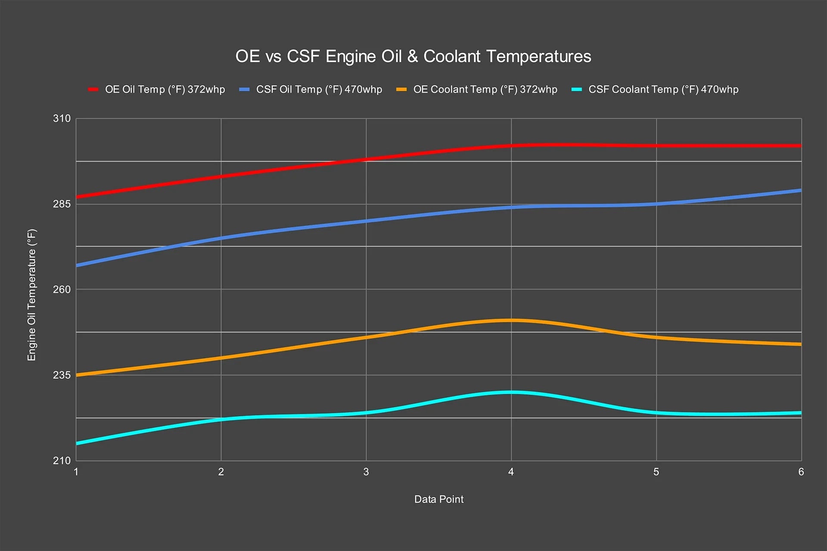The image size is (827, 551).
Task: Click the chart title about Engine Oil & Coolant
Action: tap(413, 56)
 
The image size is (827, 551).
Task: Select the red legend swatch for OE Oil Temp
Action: tap(93, 90)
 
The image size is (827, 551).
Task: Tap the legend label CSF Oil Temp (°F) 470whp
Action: tap(319, 90)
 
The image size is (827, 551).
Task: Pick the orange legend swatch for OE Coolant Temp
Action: tap(401, 90)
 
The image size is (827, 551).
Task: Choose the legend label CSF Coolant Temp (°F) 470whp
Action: tap(663, 90)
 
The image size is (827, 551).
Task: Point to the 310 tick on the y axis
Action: tap(62, 119)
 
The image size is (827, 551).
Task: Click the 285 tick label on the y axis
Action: tap(62, 204)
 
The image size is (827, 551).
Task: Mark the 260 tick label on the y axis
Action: tap(62, 290)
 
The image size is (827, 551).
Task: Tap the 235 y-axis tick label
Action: tap(62, 375)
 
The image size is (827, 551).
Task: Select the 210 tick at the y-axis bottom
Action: tap(62, 461)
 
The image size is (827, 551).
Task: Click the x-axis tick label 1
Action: tap(76, 472)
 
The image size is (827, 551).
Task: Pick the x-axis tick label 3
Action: tap(366, 472)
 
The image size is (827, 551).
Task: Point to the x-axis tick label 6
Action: tap(801, 472)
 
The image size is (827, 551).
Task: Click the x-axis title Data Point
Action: tap(438, 499)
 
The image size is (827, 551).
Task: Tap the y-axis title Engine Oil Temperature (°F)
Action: tap(32, 295)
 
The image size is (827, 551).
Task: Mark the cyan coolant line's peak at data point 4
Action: tap(511, 392)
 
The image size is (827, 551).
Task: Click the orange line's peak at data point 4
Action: tap(511, 320)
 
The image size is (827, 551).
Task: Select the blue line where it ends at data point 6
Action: tap(800, 190)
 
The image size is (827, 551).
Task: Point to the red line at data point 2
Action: tap(221, 176)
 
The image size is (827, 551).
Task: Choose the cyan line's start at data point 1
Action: tap(78, 443)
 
